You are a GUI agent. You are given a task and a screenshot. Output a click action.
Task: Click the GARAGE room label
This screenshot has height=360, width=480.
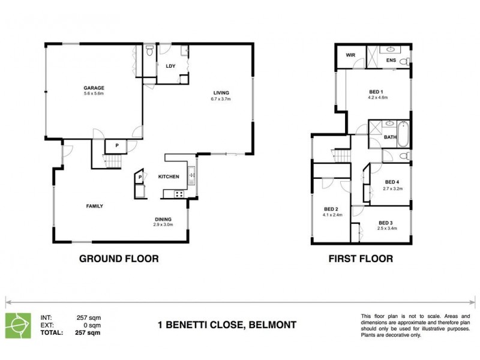pyautogui.click(x=93, y=87)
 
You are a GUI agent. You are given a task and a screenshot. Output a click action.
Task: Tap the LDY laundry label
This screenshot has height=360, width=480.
pyautogui.click(x=170, y=66)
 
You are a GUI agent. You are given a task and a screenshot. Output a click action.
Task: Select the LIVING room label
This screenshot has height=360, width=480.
pyautogui.click(x=221, y=92)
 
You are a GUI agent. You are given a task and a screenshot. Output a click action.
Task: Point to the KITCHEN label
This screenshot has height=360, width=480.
pyautogui.click(x=169, y=177)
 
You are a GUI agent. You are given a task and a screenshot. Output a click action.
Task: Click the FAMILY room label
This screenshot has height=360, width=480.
pyautogui.click(x=94, y=206)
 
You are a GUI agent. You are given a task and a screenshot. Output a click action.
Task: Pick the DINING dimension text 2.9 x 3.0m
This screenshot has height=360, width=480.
pyautogui.click(x=163, y=225)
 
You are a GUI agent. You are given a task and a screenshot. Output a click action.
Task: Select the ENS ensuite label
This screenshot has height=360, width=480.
pyautogui.click(x=391, y=61)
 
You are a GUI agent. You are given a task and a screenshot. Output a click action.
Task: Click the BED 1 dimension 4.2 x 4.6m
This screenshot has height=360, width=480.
pyautogui.click(x=378, y=97)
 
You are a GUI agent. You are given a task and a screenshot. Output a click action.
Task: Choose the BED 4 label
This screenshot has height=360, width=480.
pyautogui.click(x=392, y=182)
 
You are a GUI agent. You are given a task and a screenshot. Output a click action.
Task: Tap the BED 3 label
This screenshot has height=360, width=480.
pyautogui.click(x=386, y=223)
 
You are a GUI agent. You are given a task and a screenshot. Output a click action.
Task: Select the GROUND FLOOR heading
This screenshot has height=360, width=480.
pyautogui.click(x=119, y=259)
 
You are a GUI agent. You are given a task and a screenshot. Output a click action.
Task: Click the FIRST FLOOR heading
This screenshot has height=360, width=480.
pyautogui.click(x=361, y=259)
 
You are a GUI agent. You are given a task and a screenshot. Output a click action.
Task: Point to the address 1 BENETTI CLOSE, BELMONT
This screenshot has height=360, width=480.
pyautogui.click(x=227, y=325)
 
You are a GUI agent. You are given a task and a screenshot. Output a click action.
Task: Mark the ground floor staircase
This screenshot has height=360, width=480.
pyautogui.click(x=112, y=161)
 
